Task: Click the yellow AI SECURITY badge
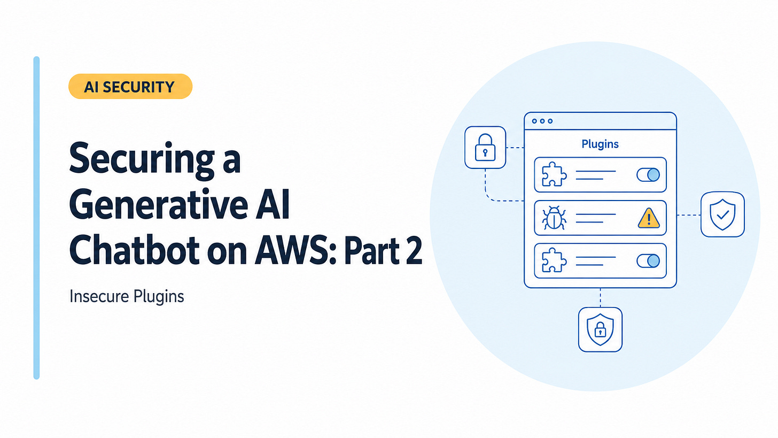click(130, 86)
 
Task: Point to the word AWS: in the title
click(295, 250)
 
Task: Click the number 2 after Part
click(414, 250)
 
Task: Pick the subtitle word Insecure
click(99, 296)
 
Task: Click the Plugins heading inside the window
click(600, 144)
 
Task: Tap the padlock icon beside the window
click(485, 148)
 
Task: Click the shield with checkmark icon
click(722, 214)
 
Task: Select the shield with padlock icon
click(600, 329)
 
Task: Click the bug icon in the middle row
click(554, 218)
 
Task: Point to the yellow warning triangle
click(649, 218)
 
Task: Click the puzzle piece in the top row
click(554, 174)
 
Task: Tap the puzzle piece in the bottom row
click(554, 260)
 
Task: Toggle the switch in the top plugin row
click(648, 174)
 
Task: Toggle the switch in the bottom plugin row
click(648, 261)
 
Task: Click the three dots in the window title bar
click(542, 121)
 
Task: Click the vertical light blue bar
click(36, 218)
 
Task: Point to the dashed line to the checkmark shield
click(689, 215)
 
